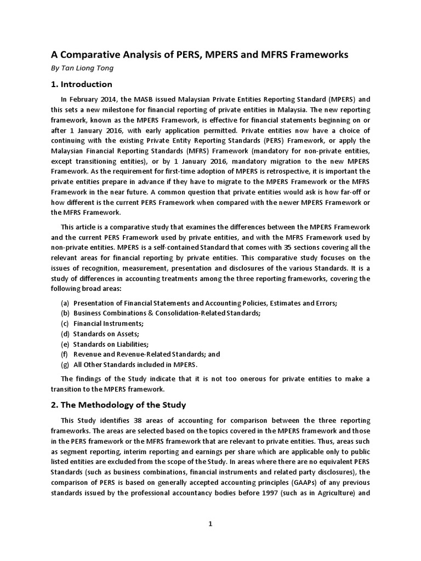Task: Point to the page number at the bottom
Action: (210, 524)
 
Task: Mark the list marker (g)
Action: (65, 365)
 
